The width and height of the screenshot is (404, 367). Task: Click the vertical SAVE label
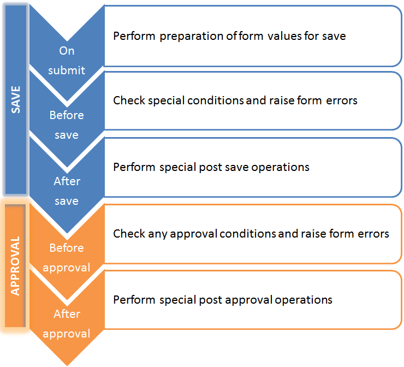coord(16,99)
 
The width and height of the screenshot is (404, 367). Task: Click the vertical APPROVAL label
coord(15,266)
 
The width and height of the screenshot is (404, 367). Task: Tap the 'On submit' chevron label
coord(67,61)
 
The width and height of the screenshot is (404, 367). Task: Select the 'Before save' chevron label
coord(67,125)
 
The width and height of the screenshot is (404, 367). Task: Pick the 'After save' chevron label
coord(67,191)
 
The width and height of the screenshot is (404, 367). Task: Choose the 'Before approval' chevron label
coord(67,258)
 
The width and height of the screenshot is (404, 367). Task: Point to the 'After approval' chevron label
coord(67,324)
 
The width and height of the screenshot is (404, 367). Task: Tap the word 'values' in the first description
coord(284,36)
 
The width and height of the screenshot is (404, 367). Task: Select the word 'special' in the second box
coord(166,101)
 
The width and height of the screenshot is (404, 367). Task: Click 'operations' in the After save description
coord(280,168)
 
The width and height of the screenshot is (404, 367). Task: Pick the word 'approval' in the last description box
coord(248,300)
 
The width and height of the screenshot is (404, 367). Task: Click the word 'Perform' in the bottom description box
coord(134,300)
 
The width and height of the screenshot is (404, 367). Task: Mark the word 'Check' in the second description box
coord(129,100)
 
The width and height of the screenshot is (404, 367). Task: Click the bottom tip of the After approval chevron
coord(67,365)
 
